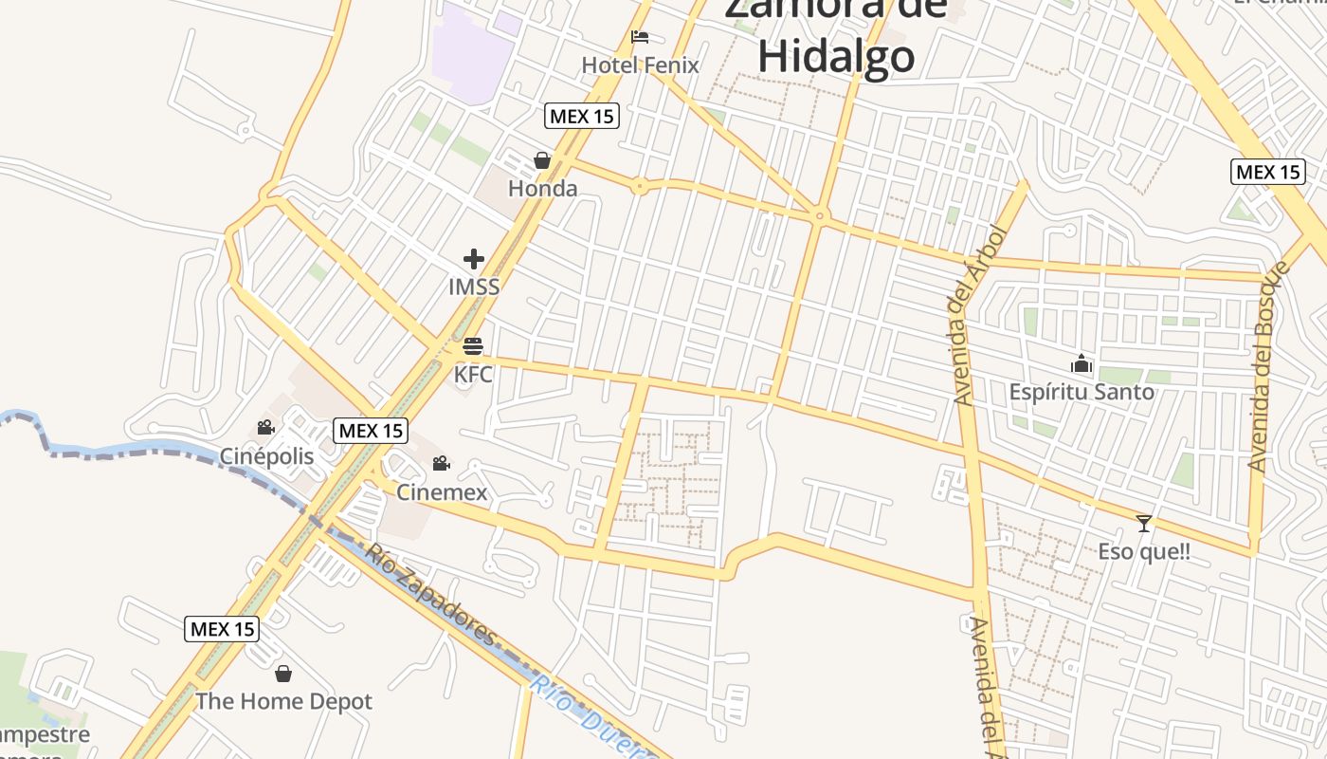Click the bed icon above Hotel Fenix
point(640,37)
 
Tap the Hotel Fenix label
point(640,65)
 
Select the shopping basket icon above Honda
point(542,160)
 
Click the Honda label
point(542,189)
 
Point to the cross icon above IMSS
point(473,258)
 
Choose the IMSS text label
point(473,287)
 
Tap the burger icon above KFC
point(473,346)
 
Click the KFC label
point(473,375)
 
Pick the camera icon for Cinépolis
point(266,428)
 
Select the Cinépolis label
point(266,456)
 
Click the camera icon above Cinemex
point(441,464)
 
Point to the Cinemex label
point(441,492)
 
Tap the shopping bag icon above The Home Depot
point(282,674)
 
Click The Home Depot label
point(283,702)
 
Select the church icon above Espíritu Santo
point(1082,363)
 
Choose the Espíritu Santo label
point(1082,392)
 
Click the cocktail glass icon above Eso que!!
point(1144,523)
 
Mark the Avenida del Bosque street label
point(1269,365)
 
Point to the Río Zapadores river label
point(431,595)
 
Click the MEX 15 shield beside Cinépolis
point(372,431)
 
